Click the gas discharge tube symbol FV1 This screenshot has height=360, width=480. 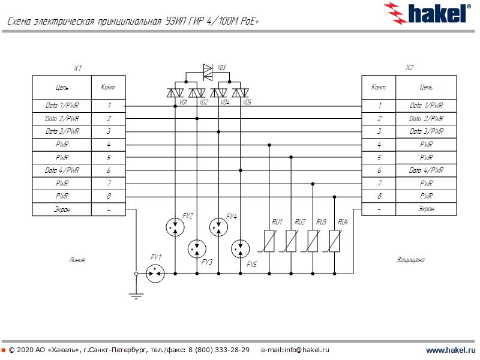pos(155,274)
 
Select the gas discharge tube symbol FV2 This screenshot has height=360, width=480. pos(175,226)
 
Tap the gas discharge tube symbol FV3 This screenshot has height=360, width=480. pos(196,248)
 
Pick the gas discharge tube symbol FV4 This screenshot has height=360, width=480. pos(218,226)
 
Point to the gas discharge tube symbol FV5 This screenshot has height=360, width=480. pos(240,248)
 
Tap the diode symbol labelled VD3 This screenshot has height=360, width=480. pos(208,72)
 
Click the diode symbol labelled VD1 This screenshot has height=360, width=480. pos(175,92)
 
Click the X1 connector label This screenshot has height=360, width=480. pos(77,68)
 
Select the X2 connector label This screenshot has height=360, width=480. pos(410,68)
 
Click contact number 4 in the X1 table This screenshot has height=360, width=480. pos(109,145)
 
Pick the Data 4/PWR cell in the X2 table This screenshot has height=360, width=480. pos(426,170)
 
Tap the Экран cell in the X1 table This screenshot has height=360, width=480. pos(62,209)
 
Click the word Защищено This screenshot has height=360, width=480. pos(410,260)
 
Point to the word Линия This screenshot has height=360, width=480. pos(77,260)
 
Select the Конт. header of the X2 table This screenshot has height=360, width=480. pos(379,87)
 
